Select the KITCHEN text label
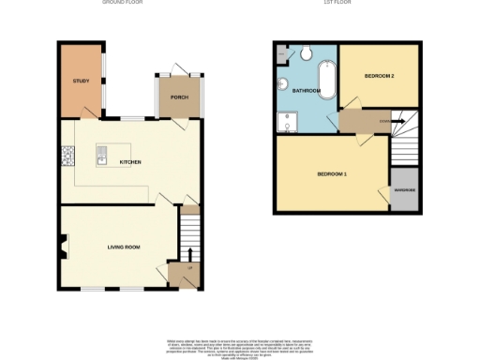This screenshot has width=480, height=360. click(x=130, y=162)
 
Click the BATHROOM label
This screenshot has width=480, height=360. click(x=307, y=91)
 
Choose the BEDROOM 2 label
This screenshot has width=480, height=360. click(x=379, y=75)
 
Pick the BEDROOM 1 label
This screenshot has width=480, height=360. click(x=332, y=175)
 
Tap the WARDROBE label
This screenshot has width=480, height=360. click(x=404, y=191)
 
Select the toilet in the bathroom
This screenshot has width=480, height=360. click(x=307, y=51)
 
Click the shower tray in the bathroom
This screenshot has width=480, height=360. click(x=285, y=121)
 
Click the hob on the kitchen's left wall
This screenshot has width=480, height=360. click(x=67, y=156)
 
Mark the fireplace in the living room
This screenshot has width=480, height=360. click(x=64, y=247)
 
